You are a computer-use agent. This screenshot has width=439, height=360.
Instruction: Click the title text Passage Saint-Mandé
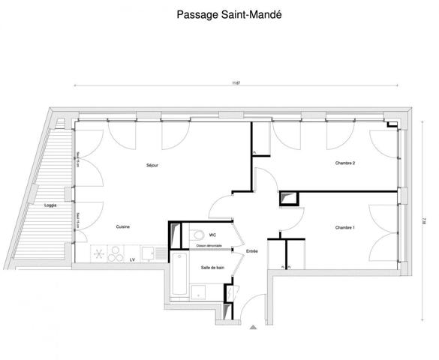click(x=220, y=13)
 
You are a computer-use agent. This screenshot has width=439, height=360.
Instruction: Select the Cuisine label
click(x=125, y=226)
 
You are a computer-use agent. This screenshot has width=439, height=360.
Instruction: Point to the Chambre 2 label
click(x=344, y=163)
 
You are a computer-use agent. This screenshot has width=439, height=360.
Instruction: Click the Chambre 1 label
click(x=344, y=227)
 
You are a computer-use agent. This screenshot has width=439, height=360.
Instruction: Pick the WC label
click(x=213, y=234)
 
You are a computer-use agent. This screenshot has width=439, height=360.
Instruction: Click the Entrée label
click(x=252, y=251)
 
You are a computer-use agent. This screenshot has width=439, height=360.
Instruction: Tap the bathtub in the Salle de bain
click(x=179, y=276)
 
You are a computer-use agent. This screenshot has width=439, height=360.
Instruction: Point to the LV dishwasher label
click(x=132, y=259)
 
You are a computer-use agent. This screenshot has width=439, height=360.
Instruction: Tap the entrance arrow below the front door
click(x=252, y=326)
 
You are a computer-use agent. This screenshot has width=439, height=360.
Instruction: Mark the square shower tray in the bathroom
click(x=200, y=292)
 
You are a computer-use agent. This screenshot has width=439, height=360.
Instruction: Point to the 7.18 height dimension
click(x=424, y=220)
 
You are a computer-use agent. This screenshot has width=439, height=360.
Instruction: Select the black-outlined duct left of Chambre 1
click(x=289, y=199)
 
